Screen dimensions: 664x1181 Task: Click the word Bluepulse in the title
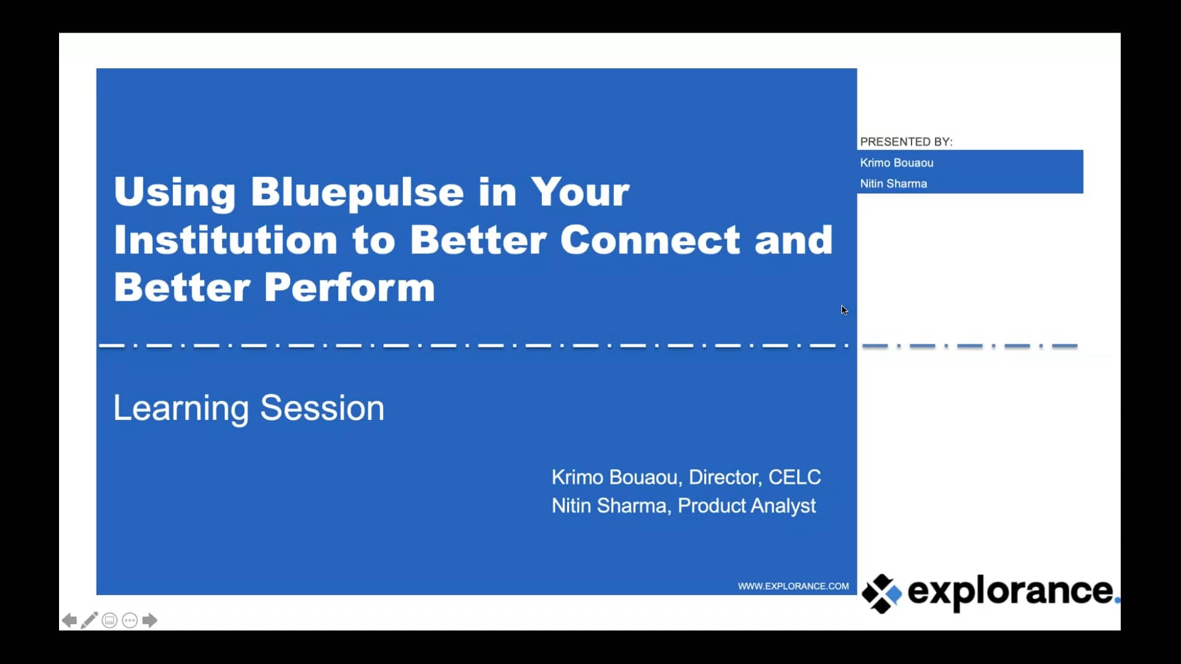pos(357,192)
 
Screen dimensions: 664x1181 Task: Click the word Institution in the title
pos(225,240)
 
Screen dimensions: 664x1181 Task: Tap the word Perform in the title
pos(349,287)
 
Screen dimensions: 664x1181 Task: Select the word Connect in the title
pos(650,240)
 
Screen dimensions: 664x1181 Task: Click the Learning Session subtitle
pos(249,408)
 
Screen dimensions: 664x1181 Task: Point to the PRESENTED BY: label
pos(905,142)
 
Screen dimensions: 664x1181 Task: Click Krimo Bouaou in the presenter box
pos(896,163)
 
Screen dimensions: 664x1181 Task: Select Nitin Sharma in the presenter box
pos(893,184)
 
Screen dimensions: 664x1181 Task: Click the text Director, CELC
pos(754,477)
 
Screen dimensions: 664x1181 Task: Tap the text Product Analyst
pos(746,506)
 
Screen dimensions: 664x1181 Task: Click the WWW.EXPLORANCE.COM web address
pos(793,587)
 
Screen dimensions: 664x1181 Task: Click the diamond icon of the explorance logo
pos(881,593)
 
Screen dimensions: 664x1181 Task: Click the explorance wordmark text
pos(1010,591)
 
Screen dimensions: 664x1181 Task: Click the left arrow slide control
pos(70,621)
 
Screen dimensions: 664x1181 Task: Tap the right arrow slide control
pos(149,621)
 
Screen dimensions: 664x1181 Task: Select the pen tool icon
pos(89,620)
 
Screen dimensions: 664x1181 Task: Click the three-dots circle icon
pos(130,621)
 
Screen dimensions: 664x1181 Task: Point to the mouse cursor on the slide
pos(844,310)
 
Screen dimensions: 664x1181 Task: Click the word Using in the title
pos(175,192)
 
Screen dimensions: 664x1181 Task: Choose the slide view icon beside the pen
pos(109,621)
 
